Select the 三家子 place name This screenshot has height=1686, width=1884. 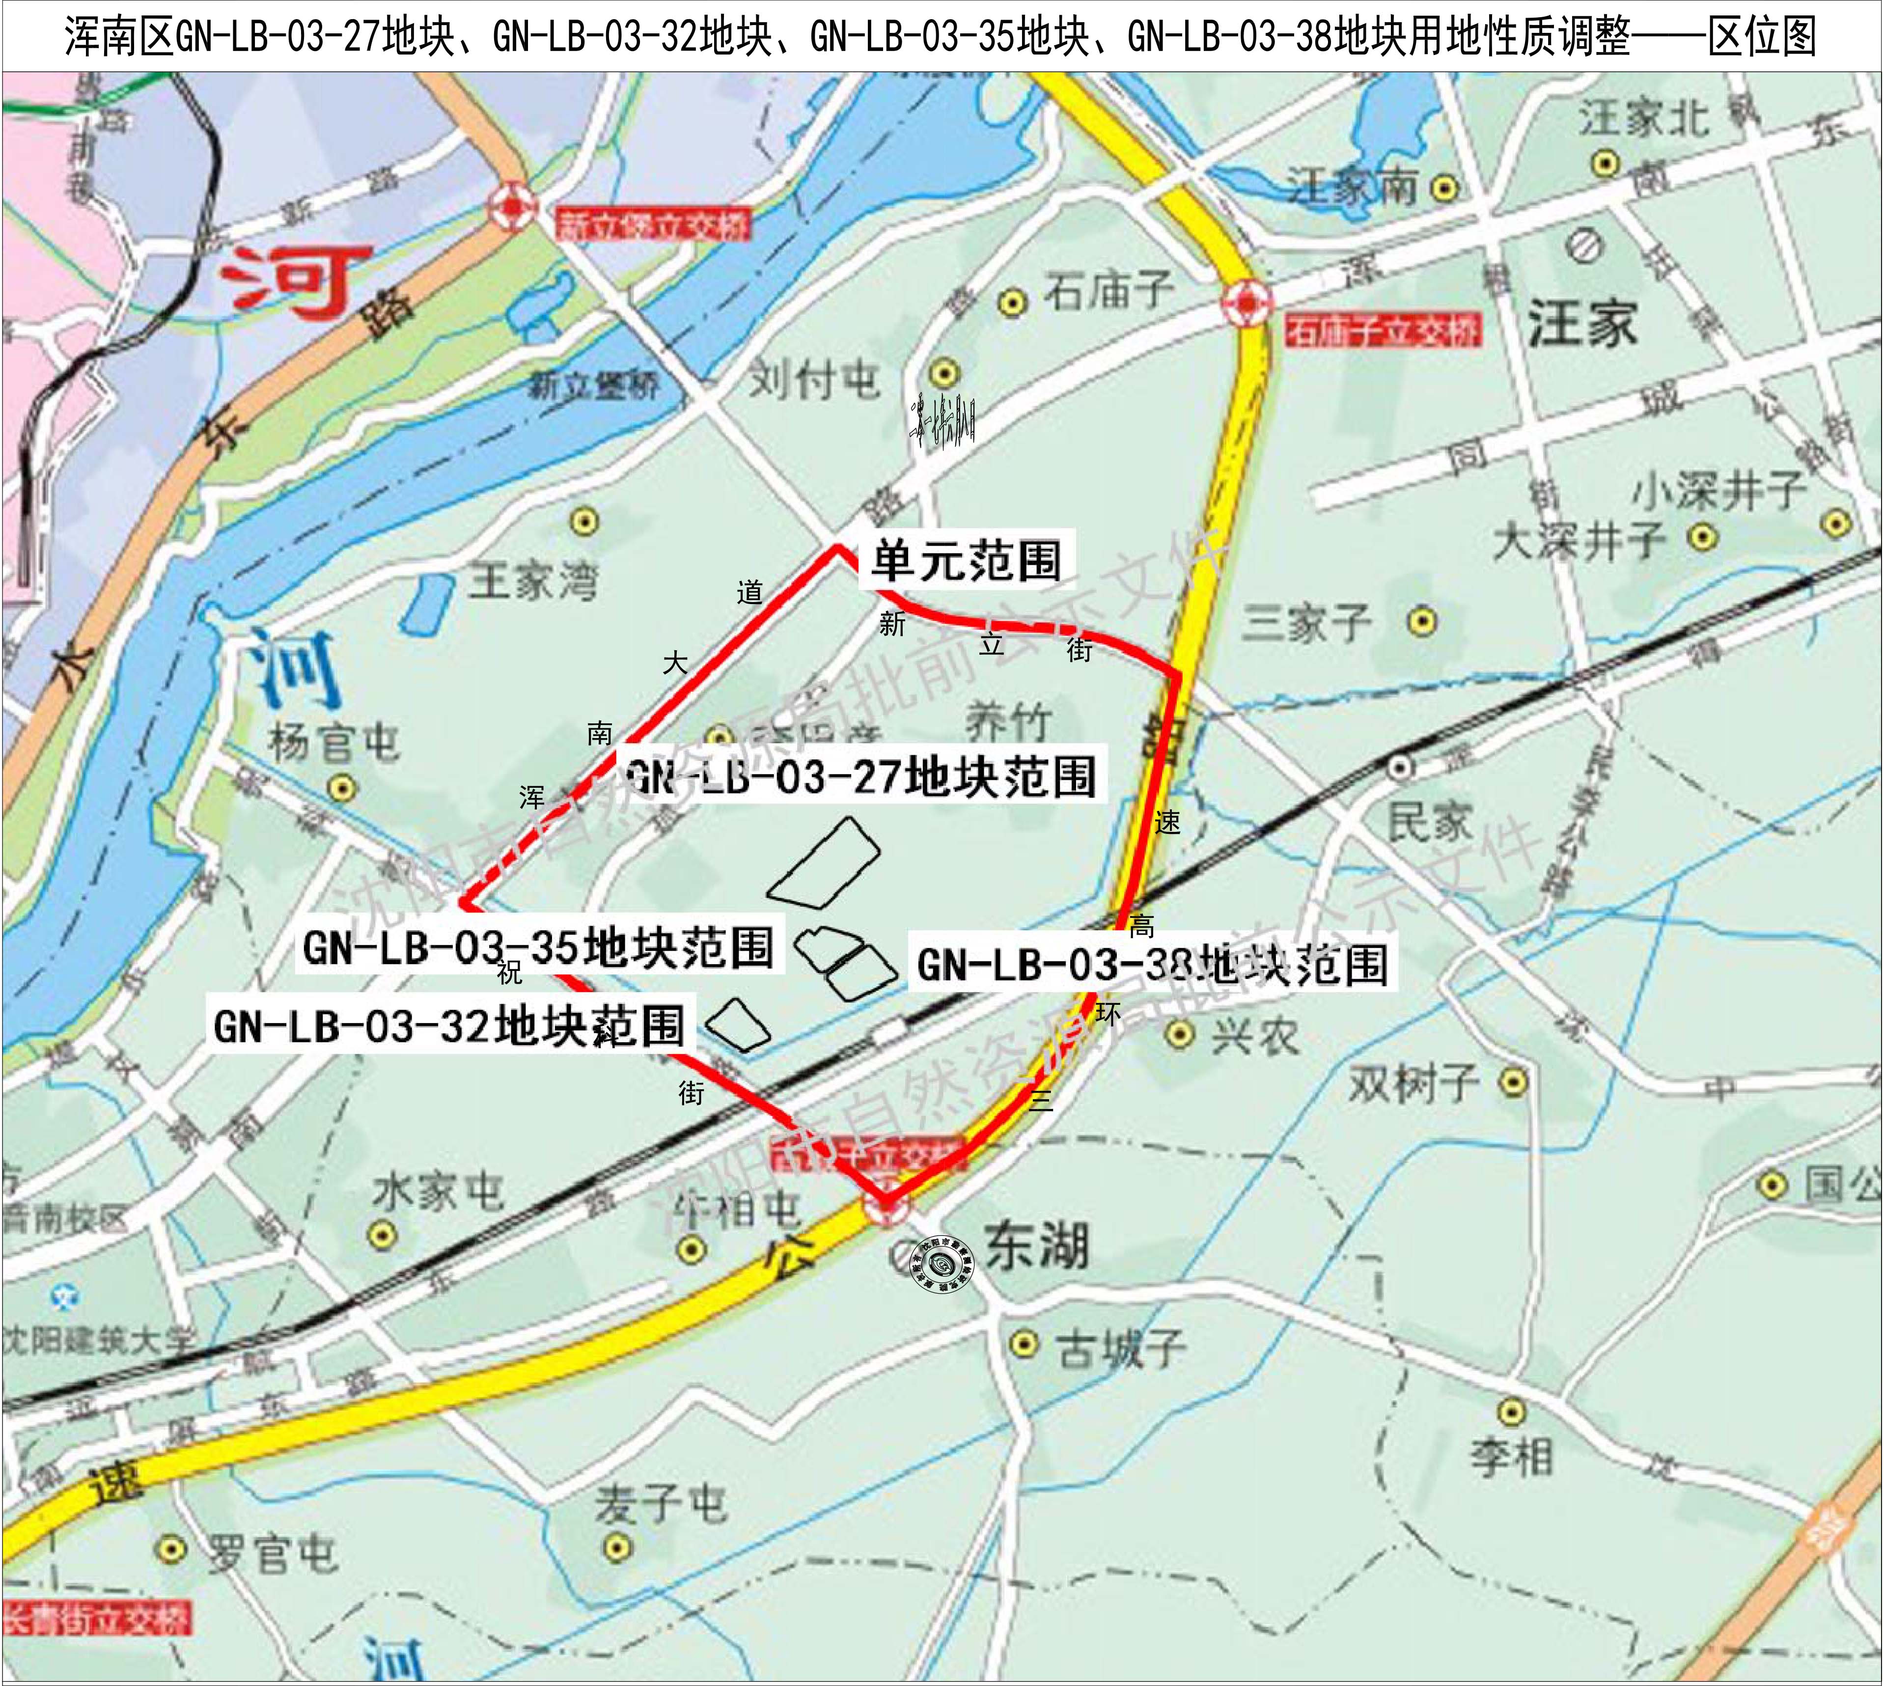tap(1306, 622)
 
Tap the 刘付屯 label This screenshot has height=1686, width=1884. tap(813, 379)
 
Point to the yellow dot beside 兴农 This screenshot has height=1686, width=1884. tap(1178, 1033)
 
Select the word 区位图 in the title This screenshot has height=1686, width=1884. tap(1762, 37)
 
